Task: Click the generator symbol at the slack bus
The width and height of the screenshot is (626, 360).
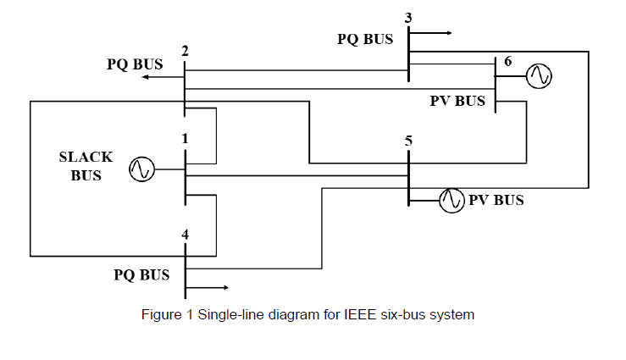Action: [141, 170]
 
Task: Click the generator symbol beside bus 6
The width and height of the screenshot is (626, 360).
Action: [538, 76]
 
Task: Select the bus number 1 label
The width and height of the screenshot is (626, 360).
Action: [184, 137]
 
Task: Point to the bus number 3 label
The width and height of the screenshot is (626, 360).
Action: [408, 17]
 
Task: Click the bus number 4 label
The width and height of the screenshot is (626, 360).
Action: [184, 234]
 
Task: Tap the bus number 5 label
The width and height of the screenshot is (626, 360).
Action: [408, 141]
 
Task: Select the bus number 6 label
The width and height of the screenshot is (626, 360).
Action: [508, 62]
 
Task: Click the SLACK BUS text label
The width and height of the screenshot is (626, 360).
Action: [86, 166]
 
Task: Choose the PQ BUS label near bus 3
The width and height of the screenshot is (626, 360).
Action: [365, 39]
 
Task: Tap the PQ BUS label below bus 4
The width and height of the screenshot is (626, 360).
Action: [141, 274]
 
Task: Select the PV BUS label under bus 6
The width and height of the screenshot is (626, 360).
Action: [457, 101]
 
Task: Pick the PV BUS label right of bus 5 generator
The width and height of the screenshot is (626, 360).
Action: [496, 201]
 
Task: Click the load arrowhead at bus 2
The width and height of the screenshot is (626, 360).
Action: [146, 77]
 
